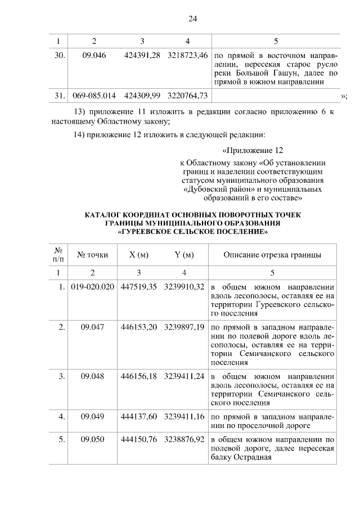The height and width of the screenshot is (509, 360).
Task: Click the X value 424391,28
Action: pos(142,55)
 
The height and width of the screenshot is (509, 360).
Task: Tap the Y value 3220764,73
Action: pos(187,96)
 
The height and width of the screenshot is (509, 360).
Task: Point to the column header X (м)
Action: pos(138,255)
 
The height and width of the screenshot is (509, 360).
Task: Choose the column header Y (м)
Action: pos(184,255)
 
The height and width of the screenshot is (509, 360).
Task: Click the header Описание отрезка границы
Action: pos(272,255)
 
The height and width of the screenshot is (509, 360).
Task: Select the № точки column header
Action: pos(93,255)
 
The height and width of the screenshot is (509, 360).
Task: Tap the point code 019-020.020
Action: pos(93,286)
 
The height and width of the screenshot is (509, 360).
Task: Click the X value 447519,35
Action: pos(138,286)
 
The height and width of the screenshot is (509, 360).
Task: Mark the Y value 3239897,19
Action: pos(184,327)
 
